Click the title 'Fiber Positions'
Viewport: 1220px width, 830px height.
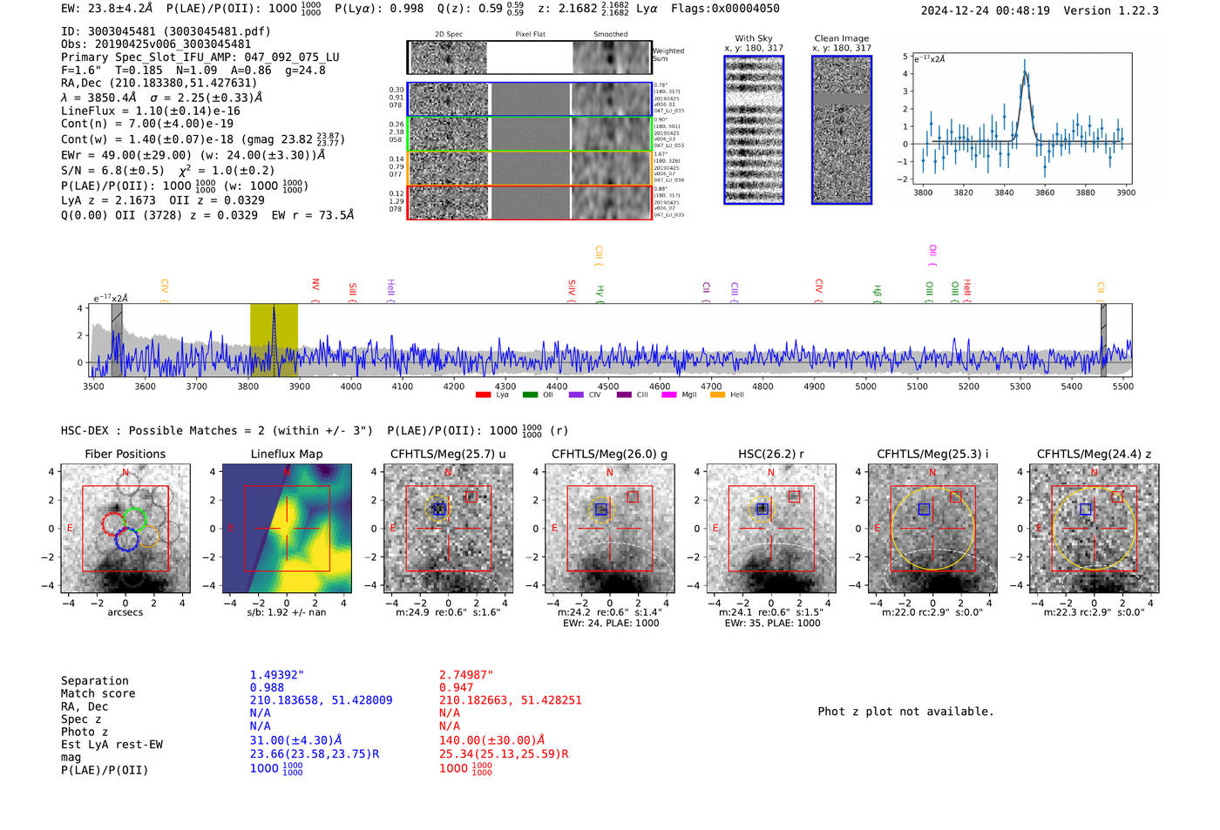pyautogui.click(x=125, y=454)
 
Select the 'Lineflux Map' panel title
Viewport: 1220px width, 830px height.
pyautogui.click(x=286, y=454)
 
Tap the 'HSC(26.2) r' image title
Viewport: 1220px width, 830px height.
pyautogui.click(x=770, y=454)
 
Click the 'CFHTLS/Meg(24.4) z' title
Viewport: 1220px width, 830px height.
pyautogui.click(x=1094, y=454)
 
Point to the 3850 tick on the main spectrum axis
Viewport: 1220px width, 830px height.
pyautogui.click(x=274, y=377)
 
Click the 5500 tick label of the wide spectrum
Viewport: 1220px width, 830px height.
pyautogui.click(x=1122, y=387)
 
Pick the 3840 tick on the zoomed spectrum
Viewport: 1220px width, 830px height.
pyautogui.click(x=1004, y=192)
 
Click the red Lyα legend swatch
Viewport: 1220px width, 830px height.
pyautogui.click(x=483, y=395)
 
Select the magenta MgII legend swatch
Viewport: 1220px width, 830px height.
pyautogui.click(x=668, y=395)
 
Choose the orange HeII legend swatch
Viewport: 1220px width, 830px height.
pyautogui.click(x=717, y=395)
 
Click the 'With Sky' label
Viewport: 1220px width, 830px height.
pyautogui.click(x=753, y=38)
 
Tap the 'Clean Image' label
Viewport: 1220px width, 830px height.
pyautogui.click(x=841, y=38)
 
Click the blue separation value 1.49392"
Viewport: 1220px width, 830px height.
pyautogui.click(x=277, y=675)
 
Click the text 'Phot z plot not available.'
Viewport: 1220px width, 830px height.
pyautogui.click(x=905, y=712)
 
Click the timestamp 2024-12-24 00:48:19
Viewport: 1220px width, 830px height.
pyautogui.click(x=985, y=10)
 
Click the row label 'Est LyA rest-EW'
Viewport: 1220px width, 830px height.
pyautogui.click(x=112, y=745)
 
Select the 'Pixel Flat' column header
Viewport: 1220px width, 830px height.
pyautogui.click(x=530, y=35)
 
